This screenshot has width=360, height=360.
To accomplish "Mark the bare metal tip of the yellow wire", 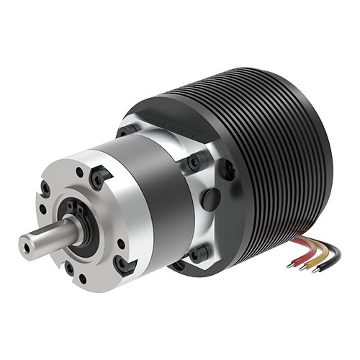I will point(302,272).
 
